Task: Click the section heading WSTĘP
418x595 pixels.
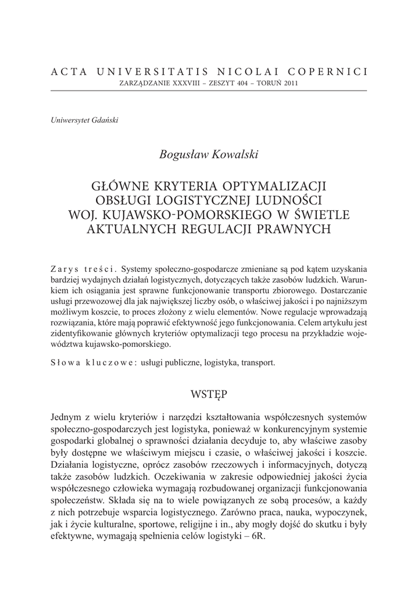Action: [209, 395]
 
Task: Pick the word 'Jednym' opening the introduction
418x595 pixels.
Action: [67, 418]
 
